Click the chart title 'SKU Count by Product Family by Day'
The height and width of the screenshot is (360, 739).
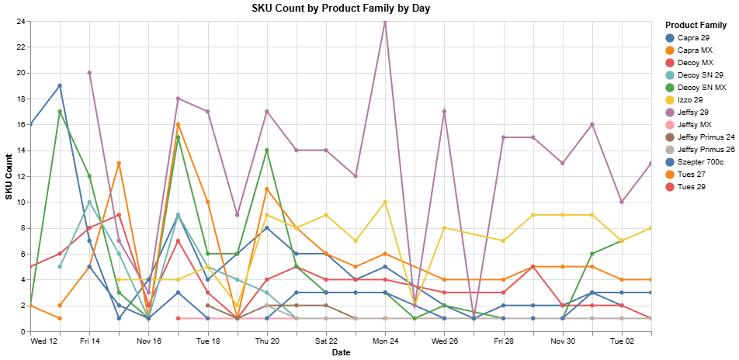(341, 9)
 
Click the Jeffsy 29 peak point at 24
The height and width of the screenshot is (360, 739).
(385, 22)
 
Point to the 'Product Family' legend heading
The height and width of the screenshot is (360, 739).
(696, 25)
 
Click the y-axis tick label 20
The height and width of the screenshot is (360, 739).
(21, 73)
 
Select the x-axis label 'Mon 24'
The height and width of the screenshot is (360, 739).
(385, 341)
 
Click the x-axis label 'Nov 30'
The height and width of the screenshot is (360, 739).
(563, 341)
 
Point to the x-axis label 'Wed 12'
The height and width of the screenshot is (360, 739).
(44, 341)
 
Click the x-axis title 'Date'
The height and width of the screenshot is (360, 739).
(341, 353)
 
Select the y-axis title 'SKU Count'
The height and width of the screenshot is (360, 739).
(9, 176)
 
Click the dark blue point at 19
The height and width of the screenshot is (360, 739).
(60, 86)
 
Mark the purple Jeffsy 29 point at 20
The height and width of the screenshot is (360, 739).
(89, 73)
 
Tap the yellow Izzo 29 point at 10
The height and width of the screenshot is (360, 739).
(385, 202)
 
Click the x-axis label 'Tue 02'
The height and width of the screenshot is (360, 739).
(622, 341)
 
